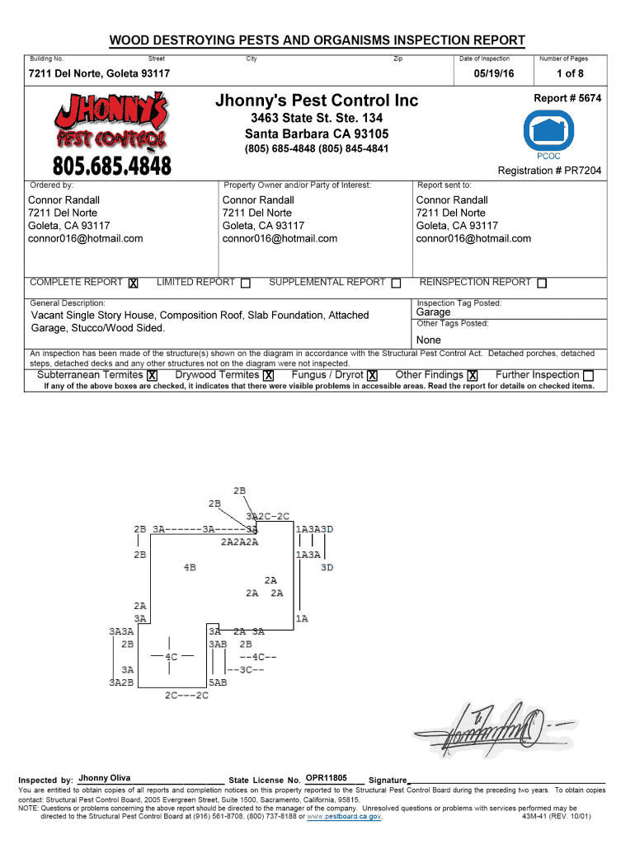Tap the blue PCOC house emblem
pos(548,129)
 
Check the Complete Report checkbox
pos(133,284)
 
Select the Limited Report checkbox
pos(246,284)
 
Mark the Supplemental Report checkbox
pos(396,284)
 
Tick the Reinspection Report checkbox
pos(542,284)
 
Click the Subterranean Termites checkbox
pos(153,376)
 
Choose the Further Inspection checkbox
pos(588,376)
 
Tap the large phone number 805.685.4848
pos(112,166)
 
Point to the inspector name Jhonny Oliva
pos(105,778)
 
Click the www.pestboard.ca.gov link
pos(344,817)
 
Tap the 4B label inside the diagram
pos(190,567)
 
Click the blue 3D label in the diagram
pos(327,567)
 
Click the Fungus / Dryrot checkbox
pos(373,376)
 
